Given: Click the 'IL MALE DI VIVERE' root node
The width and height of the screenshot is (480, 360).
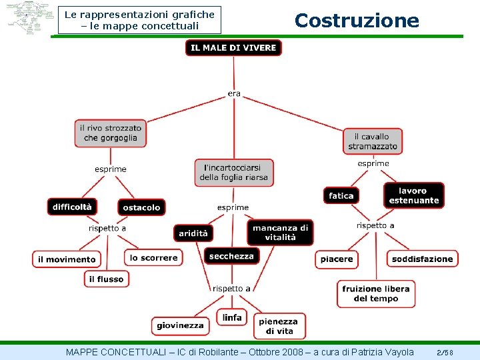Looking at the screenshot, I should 233,48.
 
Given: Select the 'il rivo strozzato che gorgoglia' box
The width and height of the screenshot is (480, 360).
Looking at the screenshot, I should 111,133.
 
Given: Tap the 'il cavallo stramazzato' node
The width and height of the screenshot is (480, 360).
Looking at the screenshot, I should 373,141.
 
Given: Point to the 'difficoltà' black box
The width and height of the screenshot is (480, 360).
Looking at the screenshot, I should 73,207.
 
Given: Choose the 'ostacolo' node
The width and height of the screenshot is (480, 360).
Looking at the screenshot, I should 141,207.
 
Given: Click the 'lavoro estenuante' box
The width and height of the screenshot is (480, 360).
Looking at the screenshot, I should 414,195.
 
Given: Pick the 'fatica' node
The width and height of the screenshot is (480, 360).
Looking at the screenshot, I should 341,195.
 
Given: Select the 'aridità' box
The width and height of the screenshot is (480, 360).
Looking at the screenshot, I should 193,233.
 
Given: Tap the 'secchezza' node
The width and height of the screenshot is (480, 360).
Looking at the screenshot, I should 231,256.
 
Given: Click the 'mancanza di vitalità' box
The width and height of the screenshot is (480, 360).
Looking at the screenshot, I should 280,232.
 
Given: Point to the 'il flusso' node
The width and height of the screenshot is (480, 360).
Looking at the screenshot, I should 107,279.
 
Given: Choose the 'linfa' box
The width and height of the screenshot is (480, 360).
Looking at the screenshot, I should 232,317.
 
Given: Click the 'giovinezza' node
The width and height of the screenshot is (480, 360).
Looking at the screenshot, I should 180,325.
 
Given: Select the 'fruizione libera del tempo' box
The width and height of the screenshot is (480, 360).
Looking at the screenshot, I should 376,293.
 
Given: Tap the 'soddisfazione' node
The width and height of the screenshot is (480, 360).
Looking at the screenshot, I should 422,259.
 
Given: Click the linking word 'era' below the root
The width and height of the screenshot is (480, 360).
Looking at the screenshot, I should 234,93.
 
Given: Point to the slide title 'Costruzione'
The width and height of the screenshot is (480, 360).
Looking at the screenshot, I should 357,21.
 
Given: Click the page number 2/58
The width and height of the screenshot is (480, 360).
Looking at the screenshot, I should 445,351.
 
